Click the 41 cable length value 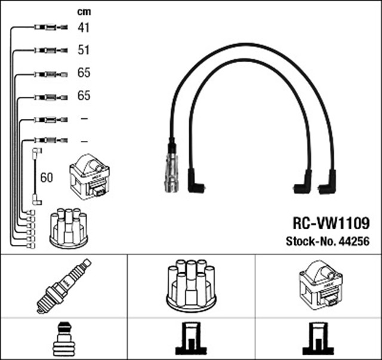click(x=84, y=27)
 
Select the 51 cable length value click(x=84, y=50)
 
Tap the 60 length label click(x=47, y=177)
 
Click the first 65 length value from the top click(x=84, y=73)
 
